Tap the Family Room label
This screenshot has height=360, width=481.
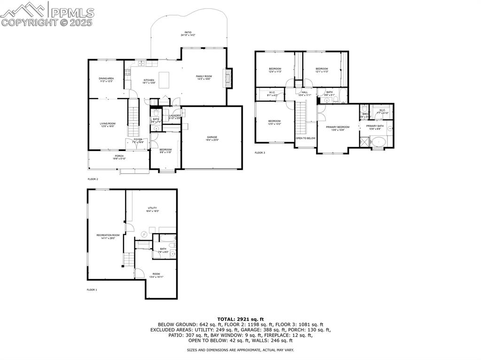[204, 77]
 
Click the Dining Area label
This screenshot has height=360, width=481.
[106, 80]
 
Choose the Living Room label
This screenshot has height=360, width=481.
[107, 125]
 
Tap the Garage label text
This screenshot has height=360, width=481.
[212, 139]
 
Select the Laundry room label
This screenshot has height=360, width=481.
[175, 116]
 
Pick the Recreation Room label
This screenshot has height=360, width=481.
[108, 236]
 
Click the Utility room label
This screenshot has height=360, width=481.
[152, 209]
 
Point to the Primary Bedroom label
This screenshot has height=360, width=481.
[338, 128]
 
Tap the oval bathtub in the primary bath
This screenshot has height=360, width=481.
[377, 141]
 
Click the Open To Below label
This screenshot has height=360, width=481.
[305, 138]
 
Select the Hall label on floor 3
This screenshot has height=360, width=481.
[304, 93]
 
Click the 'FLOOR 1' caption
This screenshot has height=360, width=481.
[92, 290]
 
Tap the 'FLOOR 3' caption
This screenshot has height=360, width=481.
[260, 153]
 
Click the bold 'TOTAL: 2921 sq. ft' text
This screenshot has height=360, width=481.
[240, 319]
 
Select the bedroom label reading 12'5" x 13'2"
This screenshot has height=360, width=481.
[274, 123]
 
